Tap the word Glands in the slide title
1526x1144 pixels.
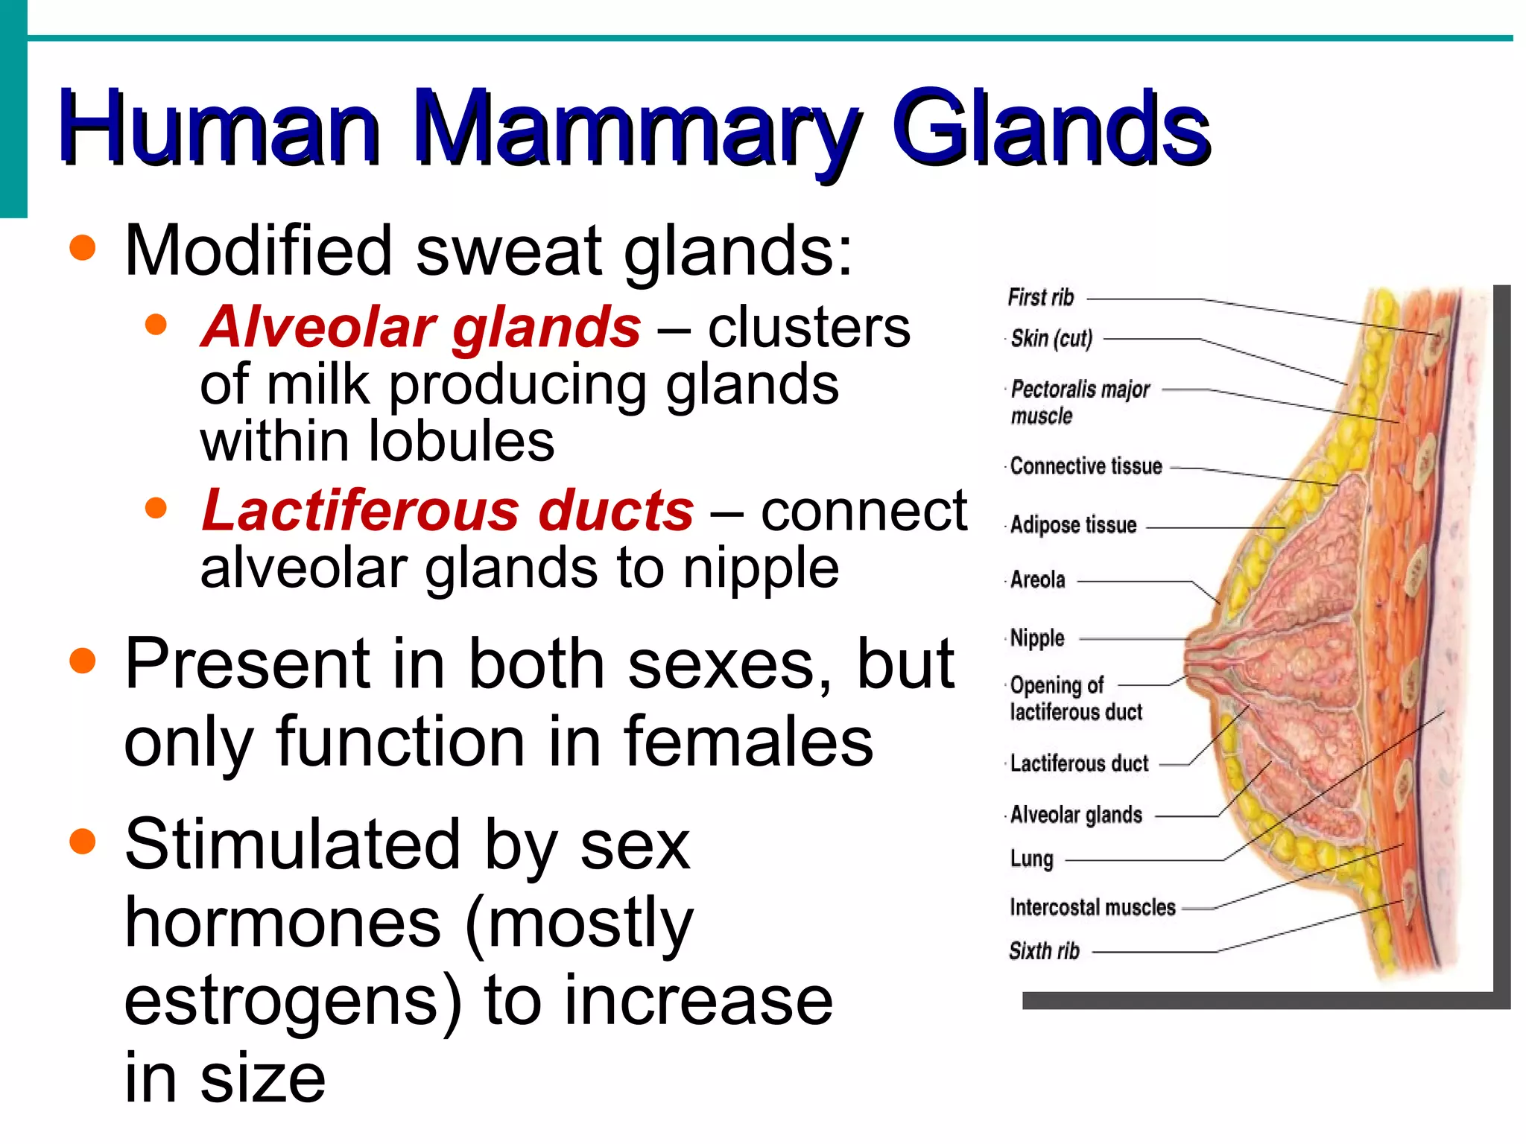tap(1051, 128)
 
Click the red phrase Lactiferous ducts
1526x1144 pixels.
tap(448, 511)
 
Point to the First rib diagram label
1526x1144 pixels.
tap(1041, 298)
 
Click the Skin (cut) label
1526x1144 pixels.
tap(1051, 339)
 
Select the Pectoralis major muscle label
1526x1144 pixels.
tap(1080, 402)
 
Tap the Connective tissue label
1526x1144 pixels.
tap(1086, 467)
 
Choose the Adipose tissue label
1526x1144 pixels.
tap(1073, 525)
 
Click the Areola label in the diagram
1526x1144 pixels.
tap(1037, 579)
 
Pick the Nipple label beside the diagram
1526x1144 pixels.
tap(1037, 638)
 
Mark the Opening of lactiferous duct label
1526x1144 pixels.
tap(1075, 699)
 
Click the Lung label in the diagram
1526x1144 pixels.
tap(1031, 859)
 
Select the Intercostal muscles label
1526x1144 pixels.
tap(1092, 907)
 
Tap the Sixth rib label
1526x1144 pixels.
tap(1044, 951)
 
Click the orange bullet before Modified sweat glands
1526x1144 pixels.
tap(83, 248)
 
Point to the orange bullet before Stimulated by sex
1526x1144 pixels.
tap(83, 842)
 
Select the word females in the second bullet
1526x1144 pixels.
tap(748, 741)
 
